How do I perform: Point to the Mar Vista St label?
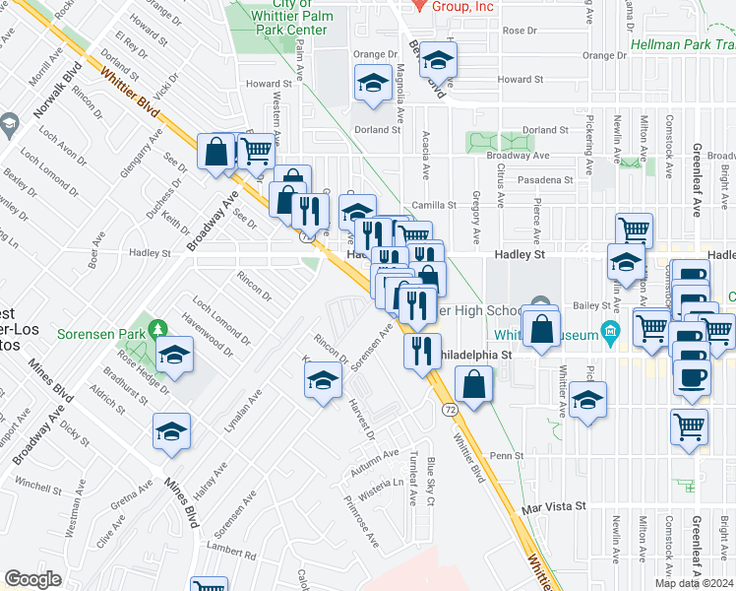[x=554, y=505]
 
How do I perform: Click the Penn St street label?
[x=506, y=456]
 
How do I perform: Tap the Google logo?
[x=32, y=579]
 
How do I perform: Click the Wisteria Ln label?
[x=386, y=483]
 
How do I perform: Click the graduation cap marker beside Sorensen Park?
[x=174, y=354]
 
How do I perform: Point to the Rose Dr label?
[x=519, y=31]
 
